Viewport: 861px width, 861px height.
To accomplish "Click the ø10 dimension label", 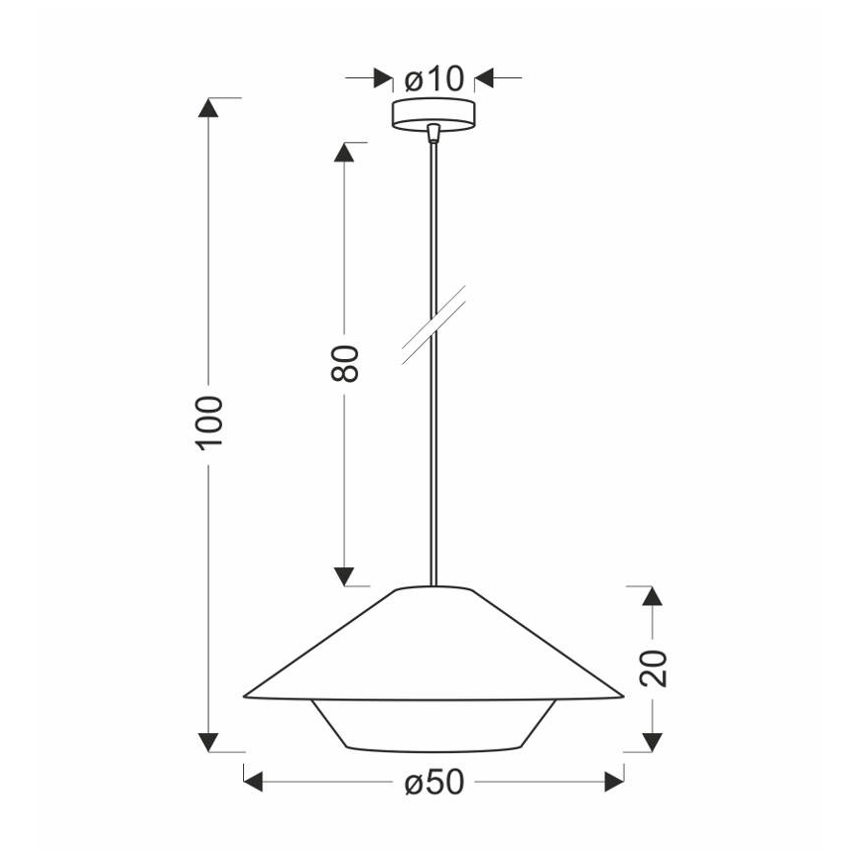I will [x=434, y=78].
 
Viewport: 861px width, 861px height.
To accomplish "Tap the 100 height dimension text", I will [x=209, y=422].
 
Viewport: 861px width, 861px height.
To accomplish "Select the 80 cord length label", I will [x=344, y=364].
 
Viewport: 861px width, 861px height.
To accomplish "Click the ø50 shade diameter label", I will [x=433, y=783].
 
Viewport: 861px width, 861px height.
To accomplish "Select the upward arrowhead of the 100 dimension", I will [x=209, y=108].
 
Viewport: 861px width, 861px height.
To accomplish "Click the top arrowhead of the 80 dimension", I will [x=344, y=153].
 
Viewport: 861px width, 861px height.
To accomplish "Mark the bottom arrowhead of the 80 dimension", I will [x=344, y=575].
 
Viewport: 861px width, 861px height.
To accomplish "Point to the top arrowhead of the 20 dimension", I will [x=652, y=596].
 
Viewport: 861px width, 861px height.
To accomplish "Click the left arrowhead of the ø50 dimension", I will [x=254, y=783].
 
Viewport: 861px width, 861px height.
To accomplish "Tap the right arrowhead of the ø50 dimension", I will [x=614, y=783].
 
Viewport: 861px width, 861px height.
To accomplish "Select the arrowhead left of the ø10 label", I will [x=382, y=78].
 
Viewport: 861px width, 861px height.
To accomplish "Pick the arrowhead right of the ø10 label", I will [x=486, y=78].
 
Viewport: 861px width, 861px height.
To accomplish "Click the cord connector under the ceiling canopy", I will [x=432, y=133].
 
